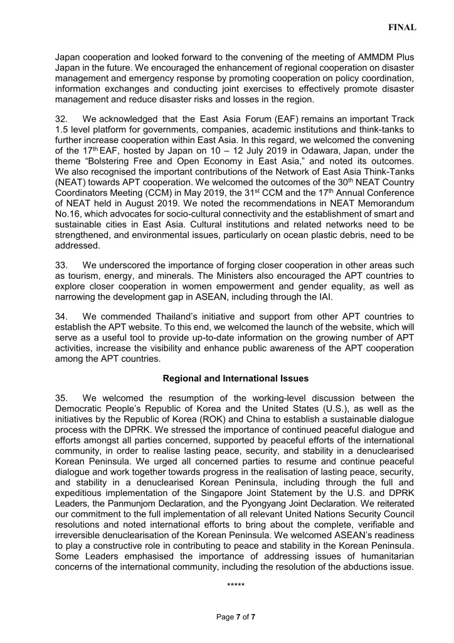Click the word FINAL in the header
[403, 28]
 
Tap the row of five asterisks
[235, 586]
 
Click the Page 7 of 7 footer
[235, 617]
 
